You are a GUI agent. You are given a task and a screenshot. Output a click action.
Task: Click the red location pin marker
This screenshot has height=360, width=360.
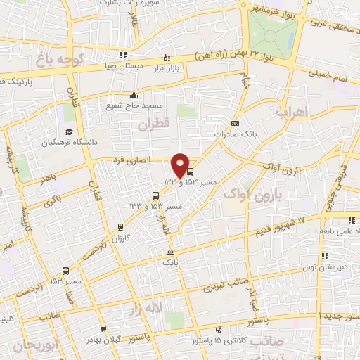(x=181, y=166)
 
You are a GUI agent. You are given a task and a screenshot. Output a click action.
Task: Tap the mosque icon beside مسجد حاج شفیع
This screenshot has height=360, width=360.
(x=134, y=96)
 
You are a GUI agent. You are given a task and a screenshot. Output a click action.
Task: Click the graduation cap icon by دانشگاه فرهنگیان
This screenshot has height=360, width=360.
(x=69, y=131)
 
